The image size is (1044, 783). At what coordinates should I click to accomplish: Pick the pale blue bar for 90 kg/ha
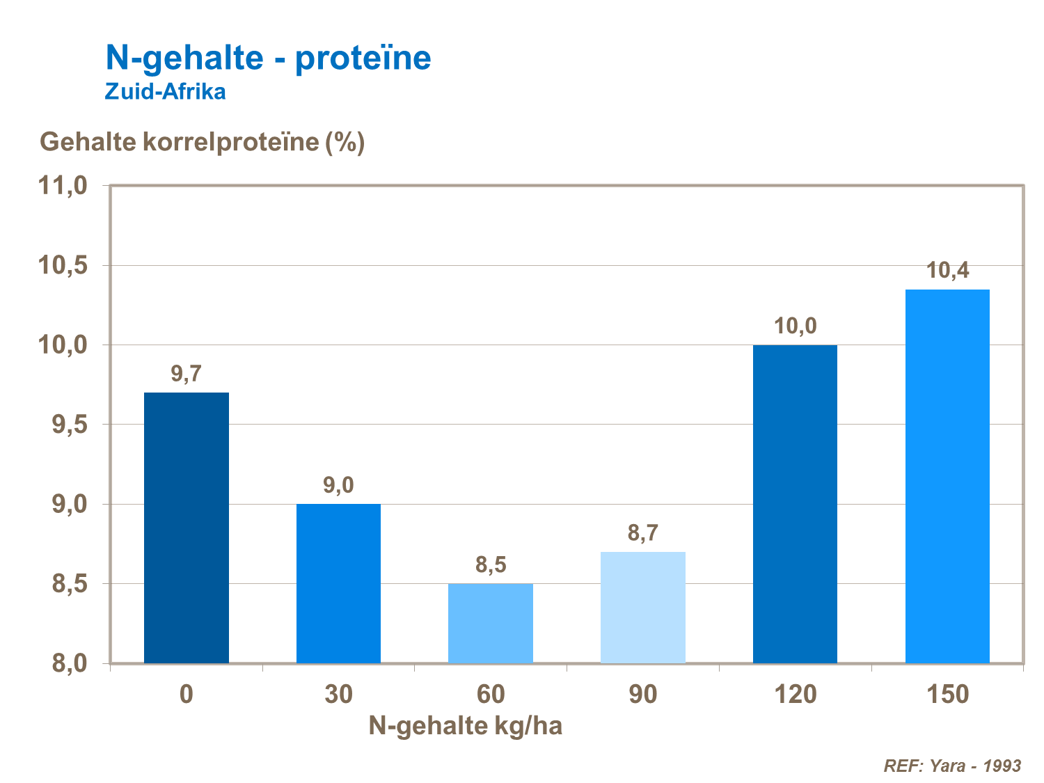click(x=642, y=607)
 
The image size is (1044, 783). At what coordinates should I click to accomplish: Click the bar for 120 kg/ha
click(x=795, y=504)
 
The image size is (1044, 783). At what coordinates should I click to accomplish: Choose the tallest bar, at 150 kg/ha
click(x=947, y=476)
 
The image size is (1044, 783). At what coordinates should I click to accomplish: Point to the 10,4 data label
click(x=947, y=270)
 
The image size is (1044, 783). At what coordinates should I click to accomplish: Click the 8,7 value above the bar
click(x=642, y=533)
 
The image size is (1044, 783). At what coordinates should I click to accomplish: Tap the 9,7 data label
click(x=186, y=374)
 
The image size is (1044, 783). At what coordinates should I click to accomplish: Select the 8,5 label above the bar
click(x=491, y=564)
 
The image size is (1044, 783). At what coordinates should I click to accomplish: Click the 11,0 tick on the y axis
click(x=63, y=186)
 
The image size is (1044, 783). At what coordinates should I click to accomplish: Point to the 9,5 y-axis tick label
click(x=70, y=425)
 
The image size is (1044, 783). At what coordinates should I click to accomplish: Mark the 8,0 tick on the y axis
click(x=70, y=663)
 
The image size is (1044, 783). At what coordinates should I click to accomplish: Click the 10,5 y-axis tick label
click(x=63, y=266)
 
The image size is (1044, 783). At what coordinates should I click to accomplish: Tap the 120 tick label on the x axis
click(x=795, y=694)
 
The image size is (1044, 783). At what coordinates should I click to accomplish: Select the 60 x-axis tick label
click(x=491, y=694)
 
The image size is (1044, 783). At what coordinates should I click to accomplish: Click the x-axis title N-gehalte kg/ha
click(x=465, y=726)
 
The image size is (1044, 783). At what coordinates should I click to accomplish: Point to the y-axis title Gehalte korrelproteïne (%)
click(x=202, y=142)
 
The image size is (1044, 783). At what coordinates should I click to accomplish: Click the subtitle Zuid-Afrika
click(x=165, y=92)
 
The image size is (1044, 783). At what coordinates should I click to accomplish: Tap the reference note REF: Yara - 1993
click(x=951, y=766)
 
